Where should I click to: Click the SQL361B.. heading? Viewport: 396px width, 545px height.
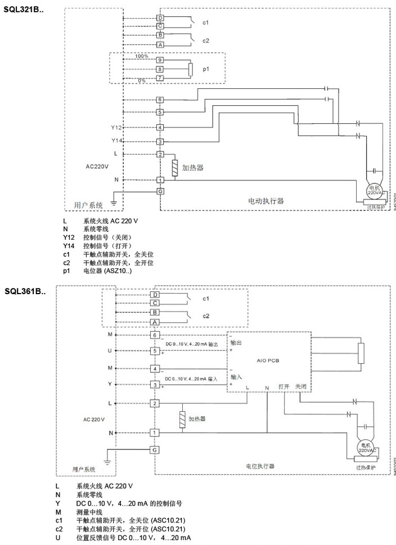tap(24, 291)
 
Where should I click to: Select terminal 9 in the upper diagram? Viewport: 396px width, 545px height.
tap(160, 60)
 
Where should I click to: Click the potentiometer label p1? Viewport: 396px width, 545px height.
tap(206, 69)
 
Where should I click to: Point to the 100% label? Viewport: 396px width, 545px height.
tap(141, 57)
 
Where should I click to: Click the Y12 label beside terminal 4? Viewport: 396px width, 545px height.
tap(116, 128)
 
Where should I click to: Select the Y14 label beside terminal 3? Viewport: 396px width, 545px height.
tap(116, 141)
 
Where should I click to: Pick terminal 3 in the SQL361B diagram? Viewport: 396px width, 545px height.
tap(155, 385)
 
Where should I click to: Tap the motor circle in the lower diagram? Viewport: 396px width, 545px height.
tap(366, 448)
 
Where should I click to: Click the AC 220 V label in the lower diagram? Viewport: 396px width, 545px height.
tap(93, 420)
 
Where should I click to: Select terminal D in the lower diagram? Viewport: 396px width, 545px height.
tap(155, 294)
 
